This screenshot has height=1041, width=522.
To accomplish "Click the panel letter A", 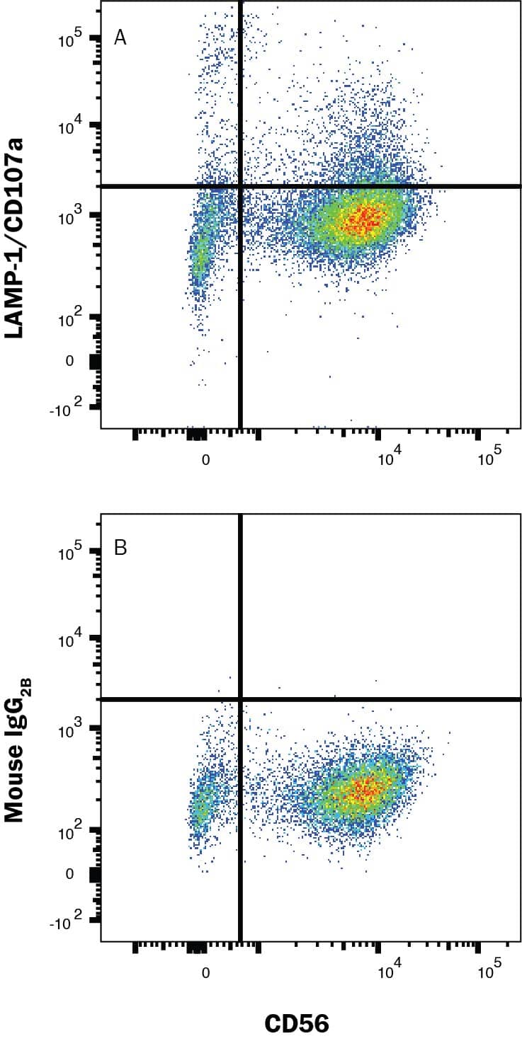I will point(120,38).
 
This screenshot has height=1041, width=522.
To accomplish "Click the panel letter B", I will point(120,548).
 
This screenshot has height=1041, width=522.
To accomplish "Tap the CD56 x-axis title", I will point(297,1023).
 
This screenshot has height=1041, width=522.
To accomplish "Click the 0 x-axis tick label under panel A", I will point(205,459).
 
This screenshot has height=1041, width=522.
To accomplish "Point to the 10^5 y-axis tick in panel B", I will point(71,550).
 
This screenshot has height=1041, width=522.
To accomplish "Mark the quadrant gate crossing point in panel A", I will point(241,186).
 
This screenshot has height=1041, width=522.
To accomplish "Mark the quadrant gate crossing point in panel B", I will point(241,699).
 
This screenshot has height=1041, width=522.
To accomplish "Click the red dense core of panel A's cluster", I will point(363,219).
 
